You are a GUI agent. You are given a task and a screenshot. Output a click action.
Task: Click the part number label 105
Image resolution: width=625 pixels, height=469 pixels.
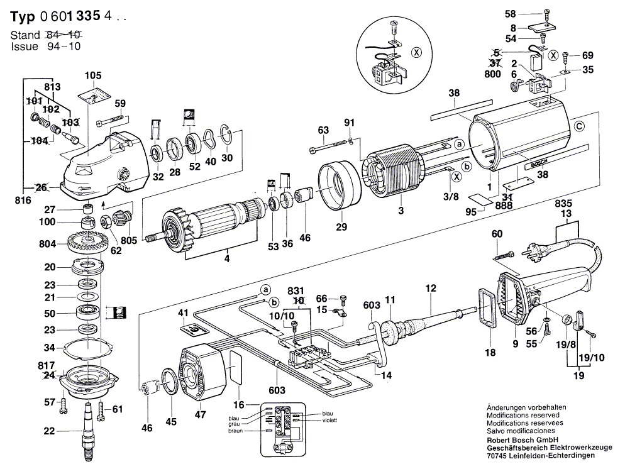coord(92,76)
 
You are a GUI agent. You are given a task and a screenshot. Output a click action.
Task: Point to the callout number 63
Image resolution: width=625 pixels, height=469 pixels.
coord(323,130)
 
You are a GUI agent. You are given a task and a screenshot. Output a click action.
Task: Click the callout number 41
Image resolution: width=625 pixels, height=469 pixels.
coord(183,313)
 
